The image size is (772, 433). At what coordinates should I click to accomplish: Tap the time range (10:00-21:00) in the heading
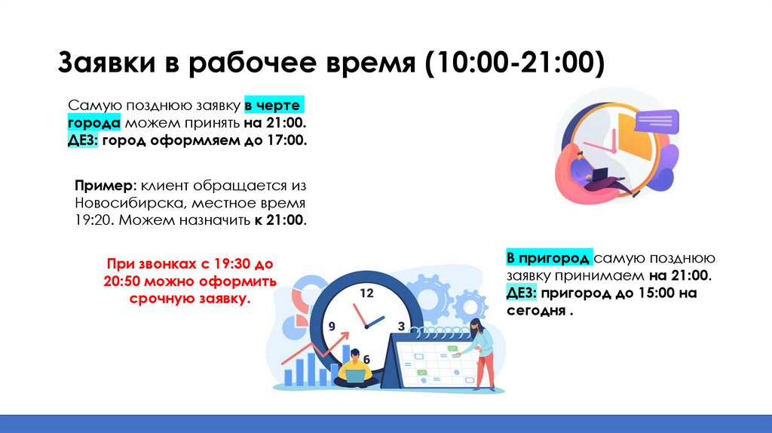[513, 64]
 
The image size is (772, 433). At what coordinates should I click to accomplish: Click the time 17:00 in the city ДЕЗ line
[286, 141]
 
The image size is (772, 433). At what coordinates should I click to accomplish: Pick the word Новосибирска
[129, 204]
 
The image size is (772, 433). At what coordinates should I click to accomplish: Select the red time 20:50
[121, 282]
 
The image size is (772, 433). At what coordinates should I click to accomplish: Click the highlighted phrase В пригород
[548, 259]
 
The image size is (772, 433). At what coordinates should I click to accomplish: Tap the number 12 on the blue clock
[366, 293]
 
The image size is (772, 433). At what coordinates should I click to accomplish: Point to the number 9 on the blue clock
[331, 327]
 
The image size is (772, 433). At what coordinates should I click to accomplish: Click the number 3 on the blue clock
[401, 327]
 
